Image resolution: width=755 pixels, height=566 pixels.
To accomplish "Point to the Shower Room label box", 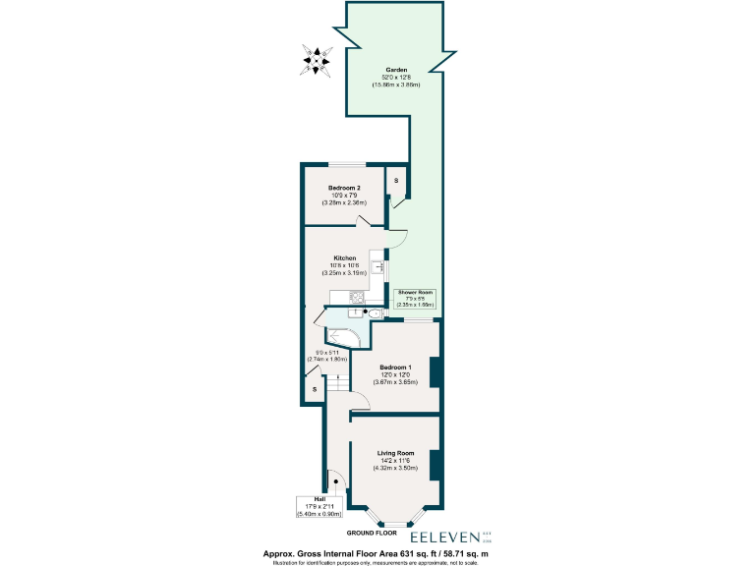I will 415,299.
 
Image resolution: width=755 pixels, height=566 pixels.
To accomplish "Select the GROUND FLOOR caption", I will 371,534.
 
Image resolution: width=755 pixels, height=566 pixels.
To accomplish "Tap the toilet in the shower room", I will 377,313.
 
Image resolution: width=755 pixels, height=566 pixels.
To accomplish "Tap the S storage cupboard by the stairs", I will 314,390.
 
